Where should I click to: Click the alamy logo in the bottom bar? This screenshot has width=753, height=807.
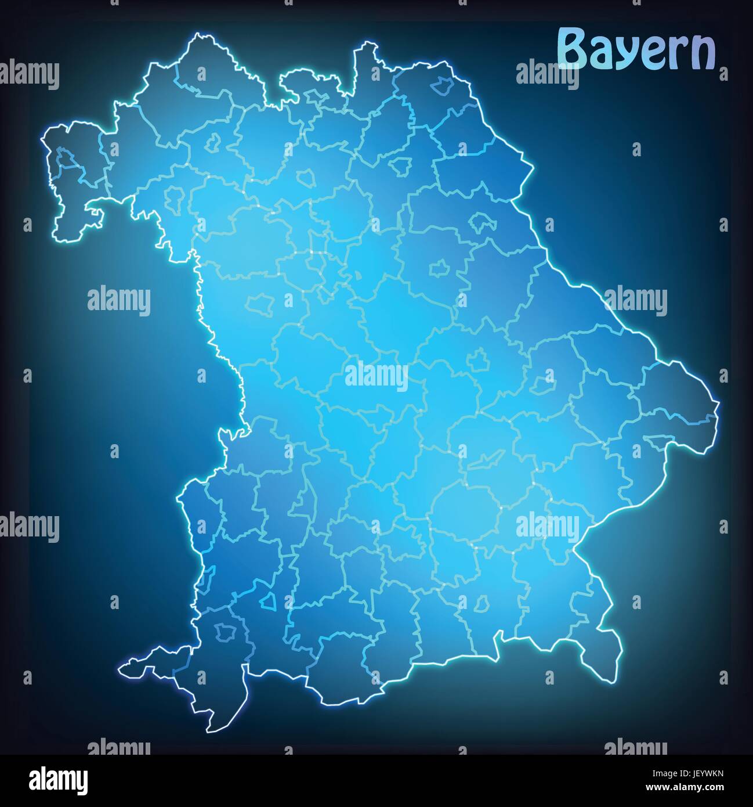coord(59,779)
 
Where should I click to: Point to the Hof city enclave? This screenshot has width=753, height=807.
coord(443,86)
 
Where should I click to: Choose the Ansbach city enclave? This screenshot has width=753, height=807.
coord(256,303)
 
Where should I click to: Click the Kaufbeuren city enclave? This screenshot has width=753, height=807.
coord(268,601)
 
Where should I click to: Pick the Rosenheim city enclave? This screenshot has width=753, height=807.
coord(481,604)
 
